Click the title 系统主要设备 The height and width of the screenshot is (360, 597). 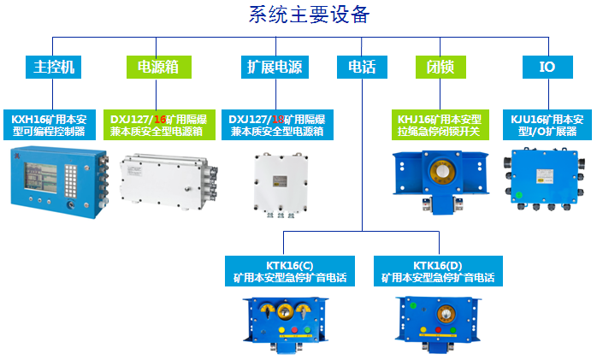[x=309, y=15]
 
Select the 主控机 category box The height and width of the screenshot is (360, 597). [x=53, y=67]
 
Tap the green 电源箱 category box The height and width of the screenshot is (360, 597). [x=159, y=67]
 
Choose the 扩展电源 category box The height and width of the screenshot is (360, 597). [x=275, y=67]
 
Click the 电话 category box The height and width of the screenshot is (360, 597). [x=362, y=67]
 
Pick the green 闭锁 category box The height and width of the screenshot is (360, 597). [x=440, y=67]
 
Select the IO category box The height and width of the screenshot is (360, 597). [x=547, y=67]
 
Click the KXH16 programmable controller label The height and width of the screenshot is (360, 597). [x=50, y=125]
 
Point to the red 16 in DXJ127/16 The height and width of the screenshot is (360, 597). [x=160, y=120]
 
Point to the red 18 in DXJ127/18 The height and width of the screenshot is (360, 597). [x=278, y=120]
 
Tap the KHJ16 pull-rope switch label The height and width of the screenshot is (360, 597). [x=440, y=125]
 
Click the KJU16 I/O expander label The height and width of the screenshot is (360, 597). [x=547, y=125]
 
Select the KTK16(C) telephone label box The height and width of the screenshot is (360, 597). [x=290, y=271]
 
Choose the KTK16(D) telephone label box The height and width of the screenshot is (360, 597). [x=438, y=271]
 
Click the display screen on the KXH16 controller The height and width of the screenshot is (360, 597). [x=41, y=177]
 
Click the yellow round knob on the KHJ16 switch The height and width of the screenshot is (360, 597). [x=442, y=172]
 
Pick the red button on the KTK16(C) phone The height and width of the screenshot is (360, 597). [x=294, y=330]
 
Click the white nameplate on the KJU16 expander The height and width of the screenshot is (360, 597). [x=545, y=176]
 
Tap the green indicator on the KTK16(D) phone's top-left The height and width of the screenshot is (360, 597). [x=413, y=305]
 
